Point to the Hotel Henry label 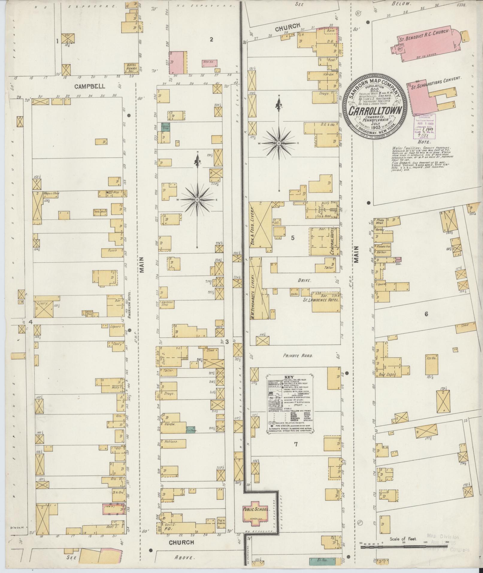131,67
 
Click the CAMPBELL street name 86,86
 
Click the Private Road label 298,356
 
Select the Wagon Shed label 50,193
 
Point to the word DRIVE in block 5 305,281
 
